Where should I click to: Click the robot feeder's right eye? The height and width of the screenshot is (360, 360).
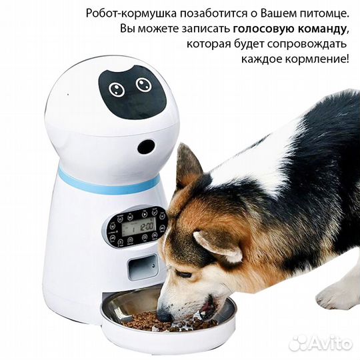tap(142, 85)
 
